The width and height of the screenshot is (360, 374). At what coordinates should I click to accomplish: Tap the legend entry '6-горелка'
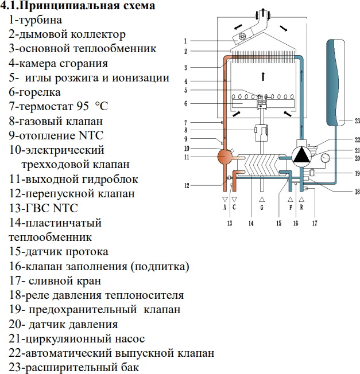(42, 92)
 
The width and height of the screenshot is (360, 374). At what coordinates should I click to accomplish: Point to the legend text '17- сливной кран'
(55, 281)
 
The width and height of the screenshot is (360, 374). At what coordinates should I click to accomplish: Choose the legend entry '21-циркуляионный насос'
(77, 338)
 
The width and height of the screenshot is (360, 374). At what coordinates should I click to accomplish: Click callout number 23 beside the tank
(357, 120)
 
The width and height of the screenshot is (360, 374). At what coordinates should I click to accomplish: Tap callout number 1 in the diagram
(186, 41)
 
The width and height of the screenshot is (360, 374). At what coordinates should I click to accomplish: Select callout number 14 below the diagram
(250, 223)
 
